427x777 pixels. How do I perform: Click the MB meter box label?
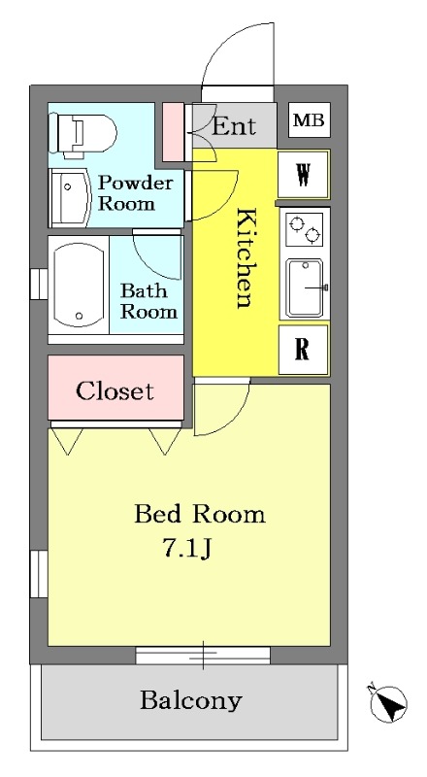coord(310,119)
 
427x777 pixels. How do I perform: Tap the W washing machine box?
coord(303,175)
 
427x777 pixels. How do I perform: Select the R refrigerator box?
coord(303,350)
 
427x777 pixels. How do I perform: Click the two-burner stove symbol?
coord(304,229)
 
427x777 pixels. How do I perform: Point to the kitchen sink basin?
coord(305,287)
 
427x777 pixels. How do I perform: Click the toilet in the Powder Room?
coord(82,134)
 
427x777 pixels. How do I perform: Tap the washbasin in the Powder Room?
coord(70,197)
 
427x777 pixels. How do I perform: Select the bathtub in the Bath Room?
coord(79,285)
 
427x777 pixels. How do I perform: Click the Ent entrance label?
coord(234,126)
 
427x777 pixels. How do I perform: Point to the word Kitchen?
coord(246,258)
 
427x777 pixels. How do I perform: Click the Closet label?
coord(115,391)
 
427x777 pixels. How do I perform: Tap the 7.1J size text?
coord(187,548)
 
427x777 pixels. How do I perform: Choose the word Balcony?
coord(191,701)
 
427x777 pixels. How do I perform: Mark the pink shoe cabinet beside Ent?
coord(174,132)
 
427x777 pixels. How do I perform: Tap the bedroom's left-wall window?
coord(39,575)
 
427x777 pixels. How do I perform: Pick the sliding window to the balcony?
coord(203,655)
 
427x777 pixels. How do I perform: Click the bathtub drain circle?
coord(79,316)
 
